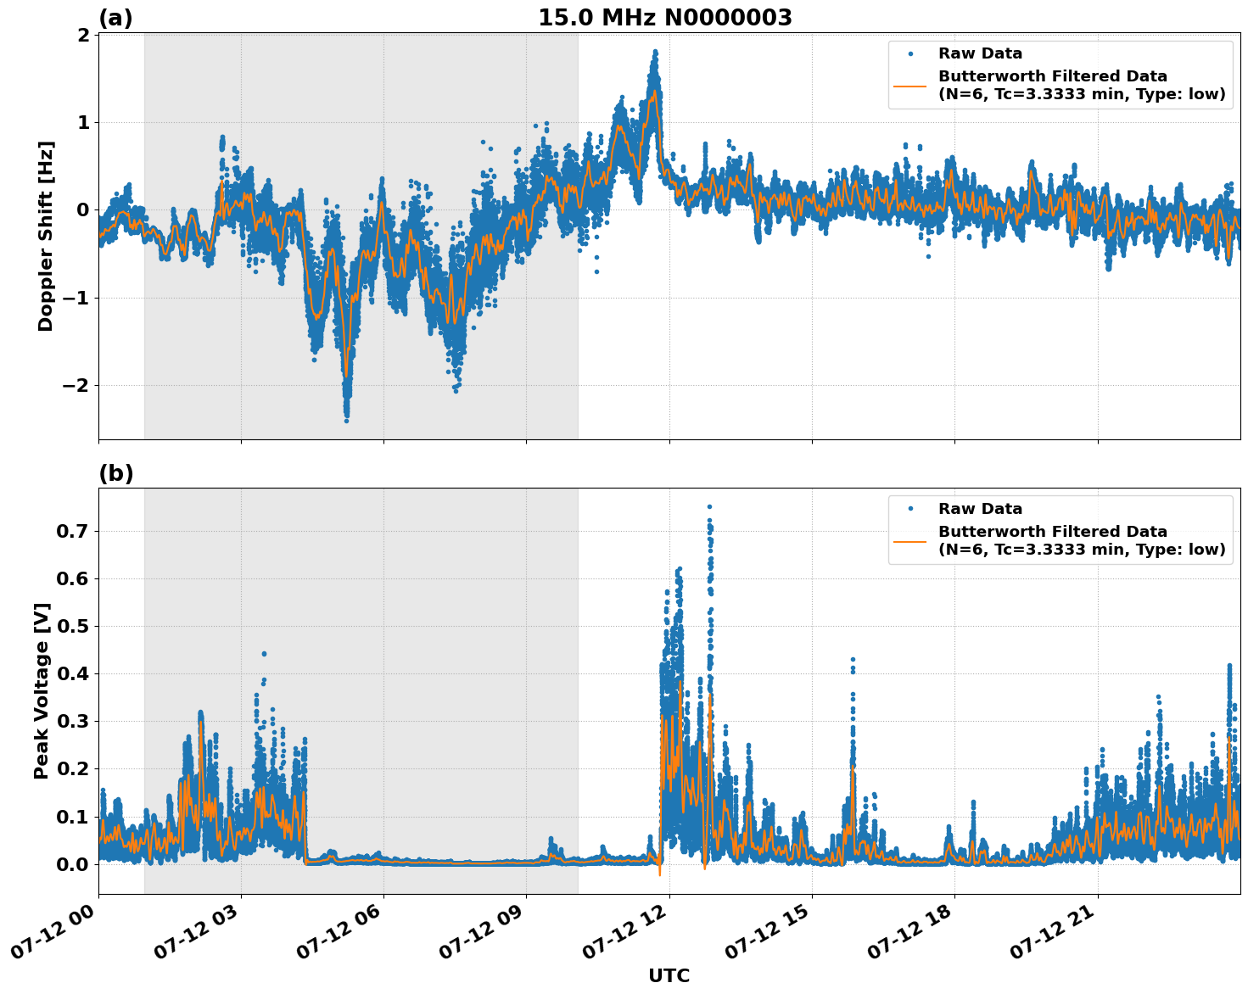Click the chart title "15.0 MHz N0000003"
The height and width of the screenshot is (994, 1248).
click(x=664, y=18)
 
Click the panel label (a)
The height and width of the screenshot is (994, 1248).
click(x=115, y=18)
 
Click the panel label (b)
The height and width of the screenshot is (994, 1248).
click(x=115, y=473)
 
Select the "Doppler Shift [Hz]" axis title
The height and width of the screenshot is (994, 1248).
click(x=46, y=236)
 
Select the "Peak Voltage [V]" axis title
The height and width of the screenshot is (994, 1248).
click(x=42, y=690)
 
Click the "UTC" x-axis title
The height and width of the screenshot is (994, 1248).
click(x=669, y=975)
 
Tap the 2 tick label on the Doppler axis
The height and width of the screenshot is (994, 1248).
click(x=83, y=35)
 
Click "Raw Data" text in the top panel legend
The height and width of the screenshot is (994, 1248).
click(x=980, y=53)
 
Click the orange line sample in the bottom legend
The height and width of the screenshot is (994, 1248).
click(x=909, y=540)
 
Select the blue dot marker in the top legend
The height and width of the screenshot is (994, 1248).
click(x=909, y=53)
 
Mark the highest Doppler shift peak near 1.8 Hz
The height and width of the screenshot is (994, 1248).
click(x=655, y=52)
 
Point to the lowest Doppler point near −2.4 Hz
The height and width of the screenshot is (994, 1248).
click(x=346, y=420)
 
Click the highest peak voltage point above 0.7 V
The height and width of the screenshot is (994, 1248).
click(x=709, y=507)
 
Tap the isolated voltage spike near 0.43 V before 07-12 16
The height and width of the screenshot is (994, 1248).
click(x=853, y=659)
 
